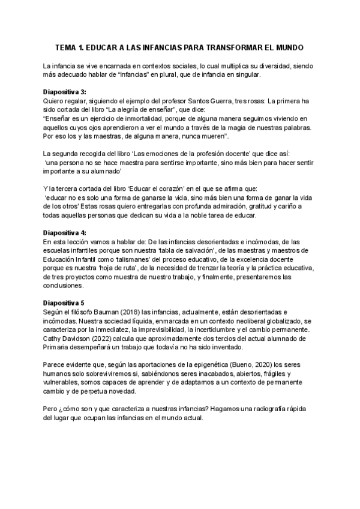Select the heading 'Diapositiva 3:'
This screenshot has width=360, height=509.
pyautogui.click(x=65, y=92)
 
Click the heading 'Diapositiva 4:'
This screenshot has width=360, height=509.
pyautogui.click(x=65, y=232)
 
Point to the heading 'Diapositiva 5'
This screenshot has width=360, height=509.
pyautogui.click(x=64, y=304)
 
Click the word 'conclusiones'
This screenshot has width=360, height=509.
pyautogui.click(x=65, y=286)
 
